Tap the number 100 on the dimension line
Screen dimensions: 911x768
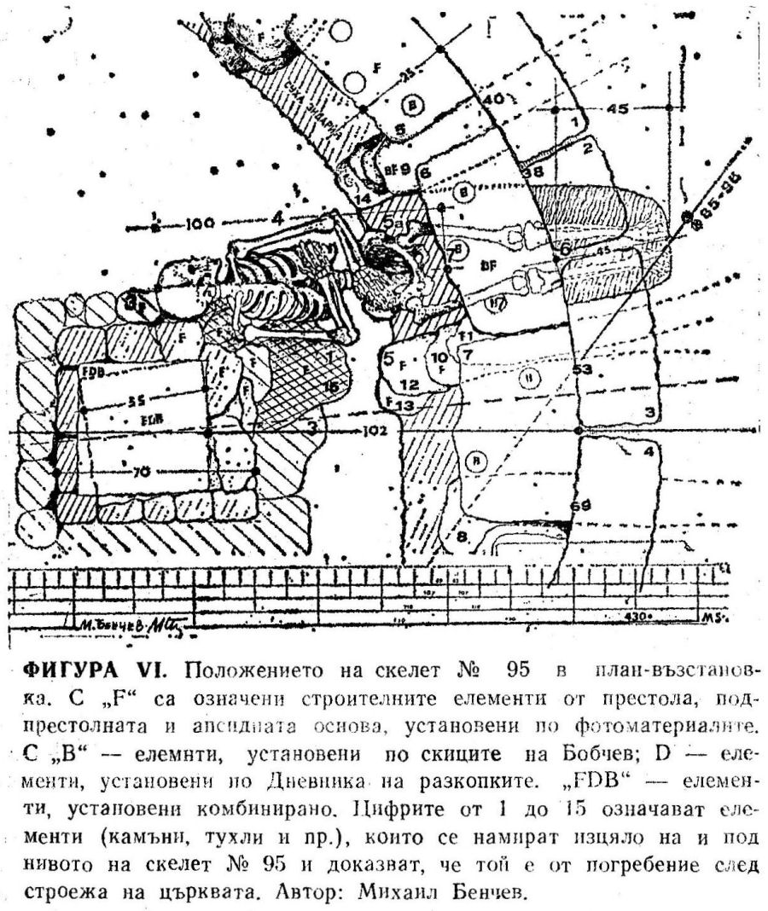pos(198,224)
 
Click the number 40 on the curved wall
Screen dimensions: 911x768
pos(494,100)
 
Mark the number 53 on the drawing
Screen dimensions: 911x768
pos(582,369)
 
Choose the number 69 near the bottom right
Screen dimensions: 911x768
pos(580,506)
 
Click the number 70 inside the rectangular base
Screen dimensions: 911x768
pos(141,468)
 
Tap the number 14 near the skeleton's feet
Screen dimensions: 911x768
pos(364,199)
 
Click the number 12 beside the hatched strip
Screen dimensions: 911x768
pos(410,385)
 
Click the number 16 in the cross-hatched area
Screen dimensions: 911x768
pos(330,386)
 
